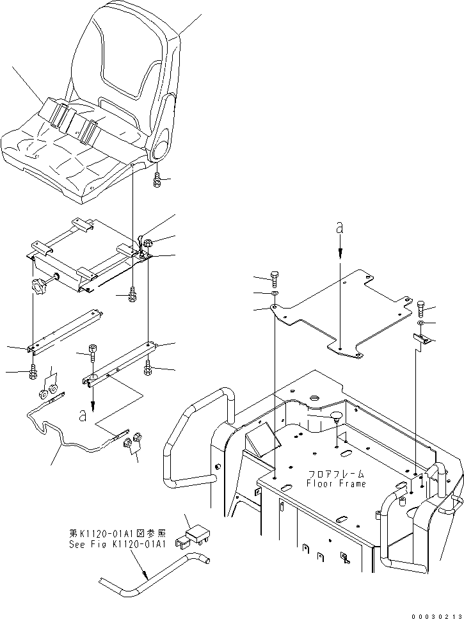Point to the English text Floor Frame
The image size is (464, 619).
tap(336, 483)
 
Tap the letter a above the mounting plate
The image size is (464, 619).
tap(340, 228)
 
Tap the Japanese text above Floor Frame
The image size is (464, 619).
tap(336, 474)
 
